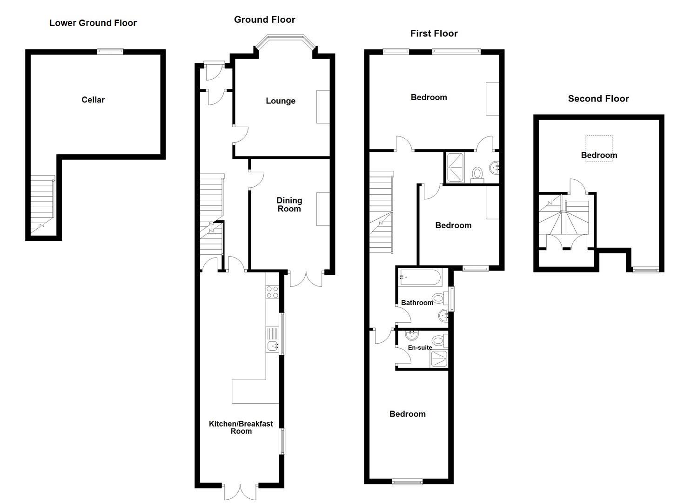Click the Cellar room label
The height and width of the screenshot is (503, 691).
click(x=93, y=100)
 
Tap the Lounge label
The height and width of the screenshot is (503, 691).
click(x=281, y=101)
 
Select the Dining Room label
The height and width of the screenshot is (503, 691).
click(x=289, y=204)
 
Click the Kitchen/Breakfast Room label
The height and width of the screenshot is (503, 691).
click(x=241, y=428)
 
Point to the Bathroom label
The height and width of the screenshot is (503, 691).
click(x=417, y=303)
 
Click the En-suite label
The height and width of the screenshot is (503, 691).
click(x=420, y=347)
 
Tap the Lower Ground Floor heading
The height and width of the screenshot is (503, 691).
click(x=93, y=23)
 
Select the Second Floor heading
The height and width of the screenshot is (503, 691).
click(x=598, y=99)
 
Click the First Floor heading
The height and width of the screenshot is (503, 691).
click(x=434, y=34)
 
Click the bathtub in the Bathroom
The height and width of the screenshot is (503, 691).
click(x=419, y=278)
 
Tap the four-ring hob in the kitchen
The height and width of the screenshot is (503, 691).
click(x=272, y=292)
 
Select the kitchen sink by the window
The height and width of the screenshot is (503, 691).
click(x=272, y=345)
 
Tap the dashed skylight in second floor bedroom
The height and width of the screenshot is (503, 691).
click(x=598, y=148)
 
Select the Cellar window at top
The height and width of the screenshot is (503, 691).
click(x=110, y=52)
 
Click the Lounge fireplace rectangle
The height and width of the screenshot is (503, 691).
click(x=323, y=107)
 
